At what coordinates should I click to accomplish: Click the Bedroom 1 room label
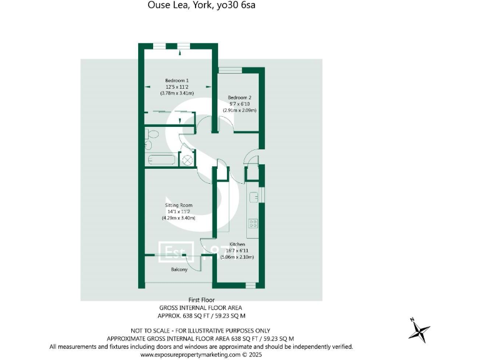click(x=177, y=80)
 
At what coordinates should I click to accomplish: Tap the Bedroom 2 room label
click(x=239, y=97)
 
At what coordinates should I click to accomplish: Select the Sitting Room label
click(x=178, y=205)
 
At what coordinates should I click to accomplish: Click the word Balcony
click(x=179, y=269)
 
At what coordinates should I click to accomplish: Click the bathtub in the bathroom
click(x=162, y=160)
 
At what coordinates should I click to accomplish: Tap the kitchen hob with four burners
click(x=253, y=222)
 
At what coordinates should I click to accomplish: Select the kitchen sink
click(x=254, y=197)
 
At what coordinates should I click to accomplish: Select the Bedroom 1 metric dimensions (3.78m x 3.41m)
click(x=177, y=93)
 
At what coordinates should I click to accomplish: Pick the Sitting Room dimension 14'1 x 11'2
click(x=178, y=211)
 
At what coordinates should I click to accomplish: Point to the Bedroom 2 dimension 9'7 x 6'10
click(x=239, y=104)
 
